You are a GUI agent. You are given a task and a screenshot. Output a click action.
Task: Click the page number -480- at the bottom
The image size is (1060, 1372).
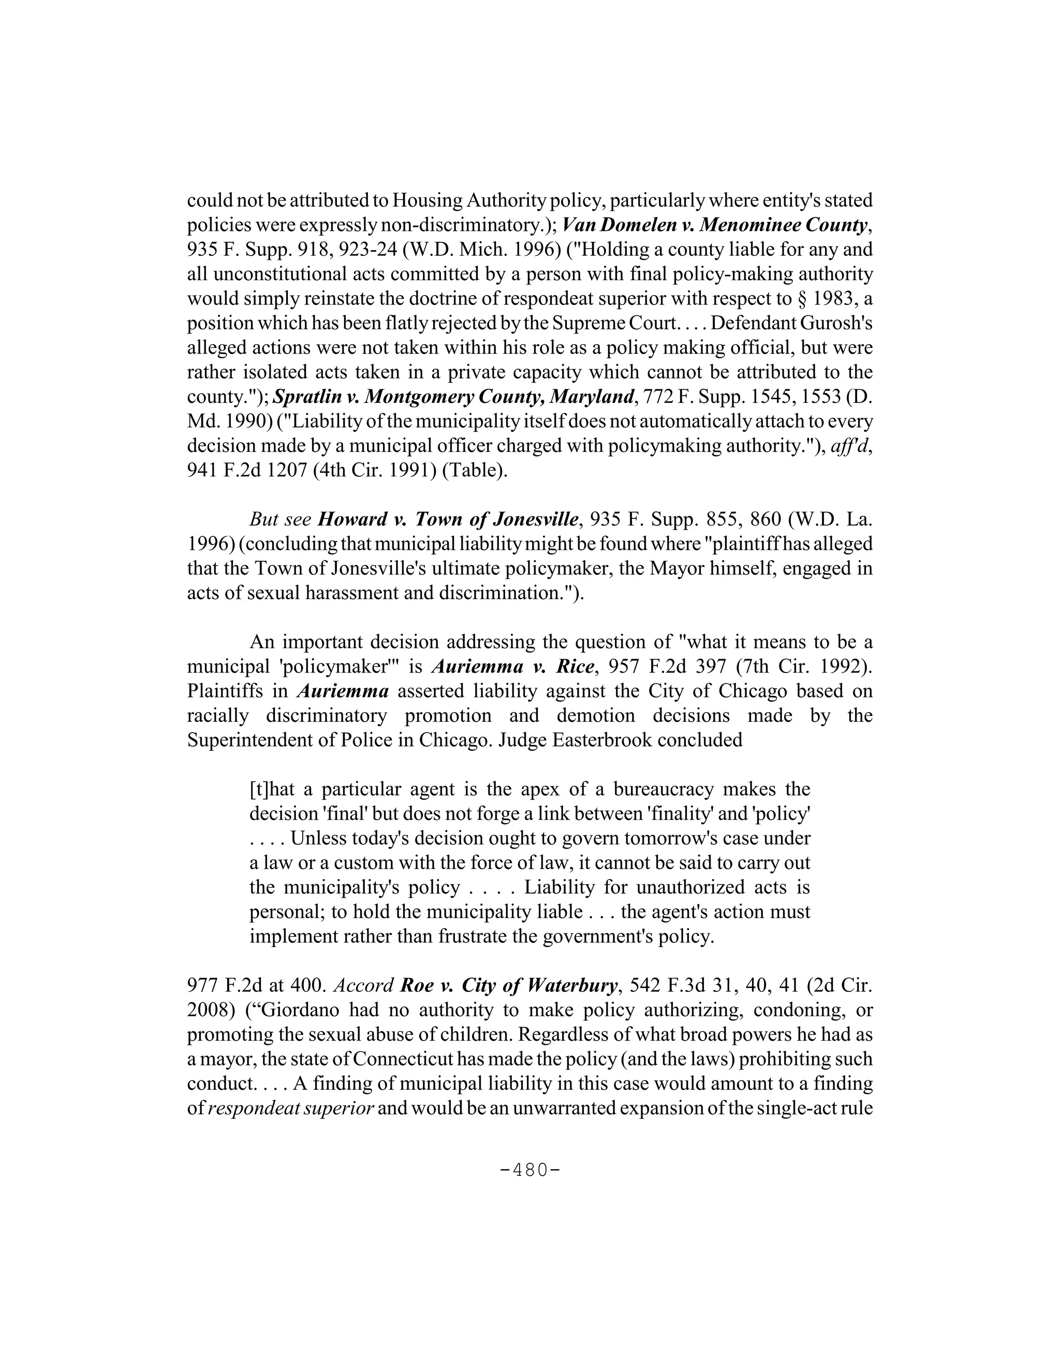529,1171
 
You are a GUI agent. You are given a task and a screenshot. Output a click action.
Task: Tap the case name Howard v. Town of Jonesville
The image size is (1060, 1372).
448,519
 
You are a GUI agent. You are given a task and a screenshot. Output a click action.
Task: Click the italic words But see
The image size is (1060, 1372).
280,519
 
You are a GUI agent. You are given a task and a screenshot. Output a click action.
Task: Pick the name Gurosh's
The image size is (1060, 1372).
843,323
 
